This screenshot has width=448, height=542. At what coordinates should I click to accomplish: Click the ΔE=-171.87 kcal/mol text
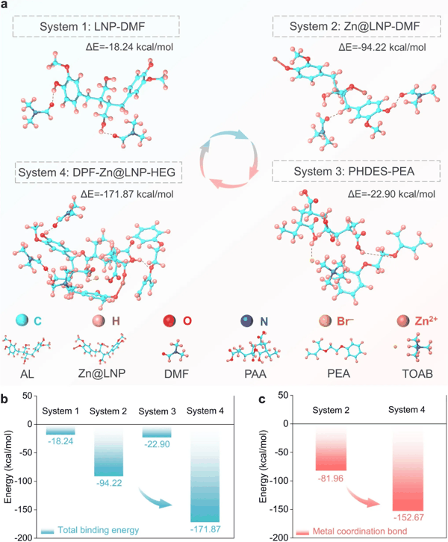(127, 194)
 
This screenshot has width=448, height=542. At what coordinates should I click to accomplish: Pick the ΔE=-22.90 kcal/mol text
(391, 194)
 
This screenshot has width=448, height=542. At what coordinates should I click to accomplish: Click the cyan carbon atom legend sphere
(22, 320)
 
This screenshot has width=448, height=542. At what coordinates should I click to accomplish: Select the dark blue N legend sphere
(247, 321)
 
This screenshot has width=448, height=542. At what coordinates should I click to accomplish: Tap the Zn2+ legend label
(426, 321)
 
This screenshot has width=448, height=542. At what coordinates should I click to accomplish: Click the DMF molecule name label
(177, 374)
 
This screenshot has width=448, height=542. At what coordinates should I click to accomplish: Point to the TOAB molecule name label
(417, 374)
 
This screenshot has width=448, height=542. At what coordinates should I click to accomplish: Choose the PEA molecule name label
(339, 374)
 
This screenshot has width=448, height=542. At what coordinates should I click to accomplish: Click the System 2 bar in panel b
(108, 450)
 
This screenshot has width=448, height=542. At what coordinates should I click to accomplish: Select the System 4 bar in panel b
(205, 473)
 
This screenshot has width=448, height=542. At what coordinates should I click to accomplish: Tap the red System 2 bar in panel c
(332, 447)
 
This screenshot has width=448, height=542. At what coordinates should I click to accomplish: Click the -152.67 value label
(408, 517)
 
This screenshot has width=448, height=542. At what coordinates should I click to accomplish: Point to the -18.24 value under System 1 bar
(60, 441)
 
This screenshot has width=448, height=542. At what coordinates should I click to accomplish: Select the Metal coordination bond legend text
(360, 532)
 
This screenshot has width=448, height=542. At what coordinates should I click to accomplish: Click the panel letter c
(262, 399)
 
